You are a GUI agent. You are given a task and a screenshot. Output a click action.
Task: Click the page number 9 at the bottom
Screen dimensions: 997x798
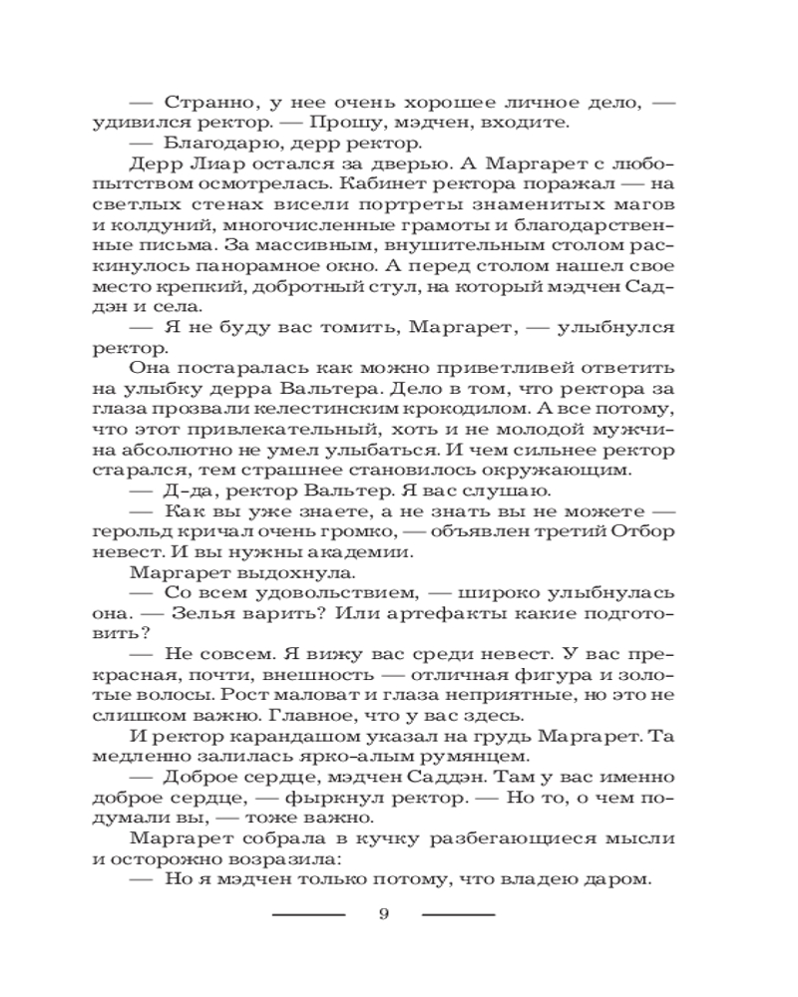point(384,916)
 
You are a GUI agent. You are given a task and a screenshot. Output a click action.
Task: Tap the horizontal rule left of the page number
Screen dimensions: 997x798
point(308,914)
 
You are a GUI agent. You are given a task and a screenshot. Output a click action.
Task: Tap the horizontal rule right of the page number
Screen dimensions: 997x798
point(458,914)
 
